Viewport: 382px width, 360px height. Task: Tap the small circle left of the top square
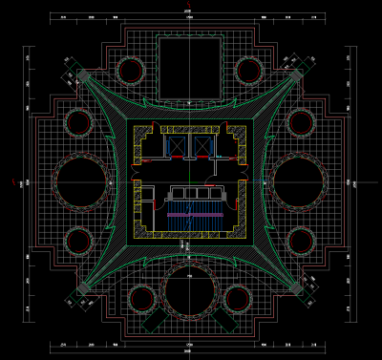(x=131, y=70)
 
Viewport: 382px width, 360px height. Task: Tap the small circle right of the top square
(x=249, y=70)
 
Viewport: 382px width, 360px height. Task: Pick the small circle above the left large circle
(x=79, y=122)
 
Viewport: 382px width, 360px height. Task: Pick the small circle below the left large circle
(x=79, y=239)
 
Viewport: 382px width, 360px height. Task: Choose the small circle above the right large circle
(x=302, y=122)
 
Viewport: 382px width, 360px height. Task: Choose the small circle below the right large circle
(x=302, y=239)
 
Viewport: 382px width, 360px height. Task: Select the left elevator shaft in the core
(x=173, y=144)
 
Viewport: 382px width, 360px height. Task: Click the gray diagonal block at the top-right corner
(x=298, y=74)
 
